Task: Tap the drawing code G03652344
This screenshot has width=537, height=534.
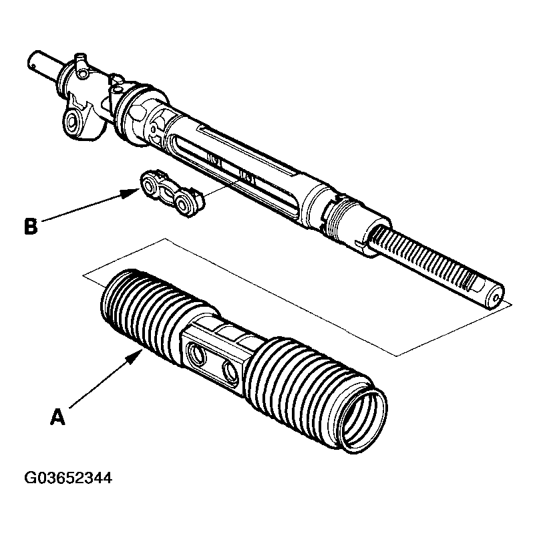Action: coord(68,479)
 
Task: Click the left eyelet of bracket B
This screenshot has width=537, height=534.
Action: coord(151,182)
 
